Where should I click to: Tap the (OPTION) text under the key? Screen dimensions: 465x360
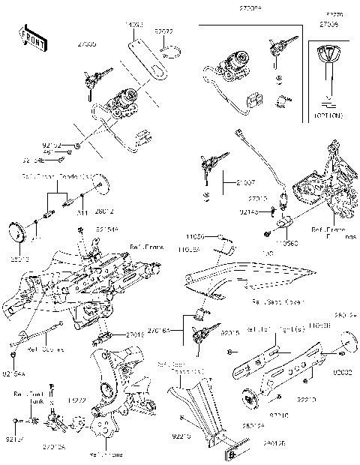coord(328,113)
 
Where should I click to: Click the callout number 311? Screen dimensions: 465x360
coord(80,212)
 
